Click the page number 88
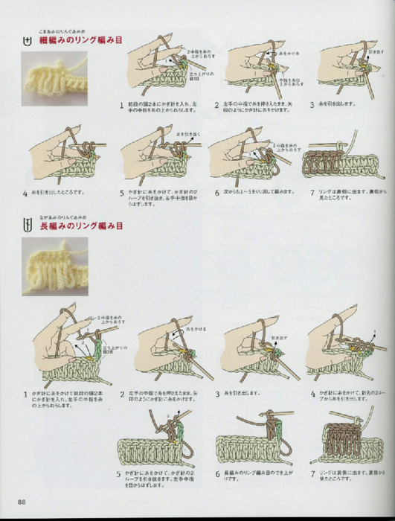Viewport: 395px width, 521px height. (x=24, y=499)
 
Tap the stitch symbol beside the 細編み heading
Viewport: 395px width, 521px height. (x=28, y=42)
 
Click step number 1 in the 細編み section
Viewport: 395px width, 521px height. (x=122, y=105)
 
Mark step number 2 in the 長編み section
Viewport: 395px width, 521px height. (x=122, y=394)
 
